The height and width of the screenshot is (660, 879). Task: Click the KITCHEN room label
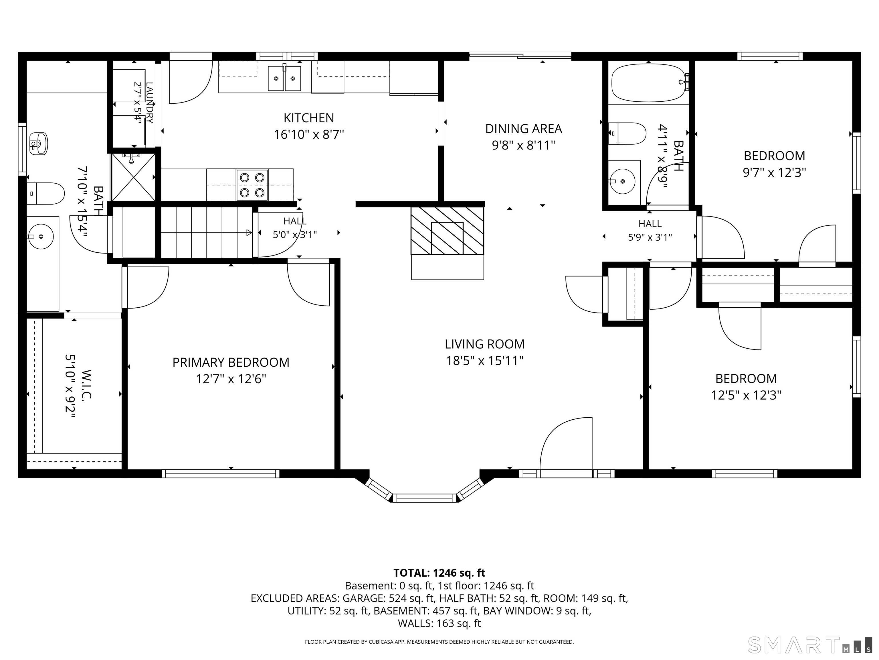[x=309, y=118]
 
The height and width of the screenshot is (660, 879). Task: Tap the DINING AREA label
[x=523, y=129]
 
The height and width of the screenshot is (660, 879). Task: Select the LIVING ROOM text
[x=484, y=344]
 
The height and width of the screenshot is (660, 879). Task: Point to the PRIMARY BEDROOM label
[x=231, y=362]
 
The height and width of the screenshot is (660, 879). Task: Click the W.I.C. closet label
[x=87, y=386]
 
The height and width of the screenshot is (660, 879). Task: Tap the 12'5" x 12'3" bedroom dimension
[x=746, y=395]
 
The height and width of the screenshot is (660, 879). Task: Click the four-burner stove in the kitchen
[x=252, y=185]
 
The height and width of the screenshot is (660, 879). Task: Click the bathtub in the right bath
[x=649, y=83]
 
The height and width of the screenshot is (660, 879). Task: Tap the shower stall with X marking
[x=133, y=177]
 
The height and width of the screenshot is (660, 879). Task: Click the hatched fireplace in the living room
[x=448, y=231]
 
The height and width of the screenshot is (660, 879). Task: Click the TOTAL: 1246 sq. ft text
[x=439, y=573]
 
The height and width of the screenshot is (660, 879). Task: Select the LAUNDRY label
[x=149, y=103]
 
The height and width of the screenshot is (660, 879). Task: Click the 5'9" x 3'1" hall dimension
[x=650, y=237]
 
